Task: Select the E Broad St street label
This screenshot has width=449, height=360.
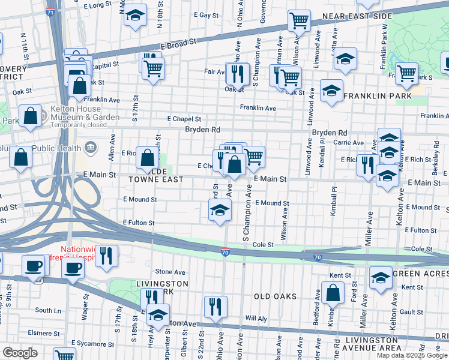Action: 178,45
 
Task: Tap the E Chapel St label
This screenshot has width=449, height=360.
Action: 184,119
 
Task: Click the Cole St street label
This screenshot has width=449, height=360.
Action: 262,245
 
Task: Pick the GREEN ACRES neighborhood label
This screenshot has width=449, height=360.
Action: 420,274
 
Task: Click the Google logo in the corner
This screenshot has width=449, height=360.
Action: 20,352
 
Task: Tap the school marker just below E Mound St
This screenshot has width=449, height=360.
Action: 220,211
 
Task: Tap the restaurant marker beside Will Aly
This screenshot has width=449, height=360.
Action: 215,307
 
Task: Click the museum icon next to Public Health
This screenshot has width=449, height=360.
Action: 91,146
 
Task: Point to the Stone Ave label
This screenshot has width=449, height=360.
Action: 170,272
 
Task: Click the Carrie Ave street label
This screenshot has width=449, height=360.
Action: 349,143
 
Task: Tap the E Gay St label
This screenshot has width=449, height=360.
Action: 199,14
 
